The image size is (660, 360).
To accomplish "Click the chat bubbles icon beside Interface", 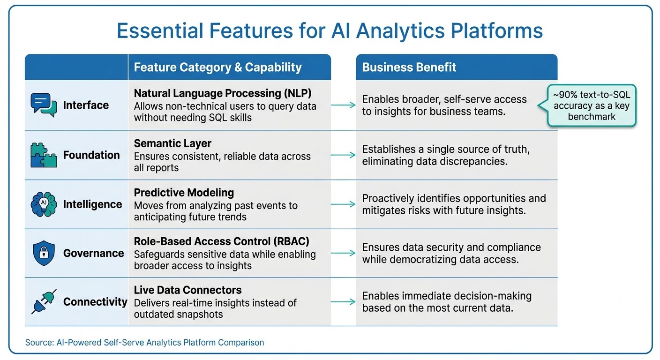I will [44, 105].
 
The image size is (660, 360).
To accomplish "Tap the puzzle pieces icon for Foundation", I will [44, 155].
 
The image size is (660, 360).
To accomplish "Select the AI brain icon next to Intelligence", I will [44, 204].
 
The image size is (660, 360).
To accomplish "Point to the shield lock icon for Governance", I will [44, 253].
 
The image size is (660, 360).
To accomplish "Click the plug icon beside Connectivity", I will [44, 302].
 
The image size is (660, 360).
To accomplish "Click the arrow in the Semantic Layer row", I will [343, 155].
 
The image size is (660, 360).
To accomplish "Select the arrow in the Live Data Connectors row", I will [343, 302].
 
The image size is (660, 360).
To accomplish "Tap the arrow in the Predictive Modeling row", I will [343, 204].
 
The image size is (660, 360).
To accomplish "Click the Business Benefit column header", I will [409, 67].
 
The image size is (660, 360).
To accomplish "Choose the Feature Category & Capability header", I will [217, 67].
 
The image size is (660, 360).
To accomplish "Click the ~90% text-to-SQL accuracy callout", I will [592, 106].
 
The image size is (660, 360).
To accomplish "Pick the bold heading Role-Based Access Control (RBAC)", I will [222, 241].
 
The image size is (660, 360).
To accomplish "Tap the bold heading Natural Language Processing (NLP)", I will [223, 93].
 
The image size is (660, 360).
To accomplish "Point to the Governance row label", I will [94, 253].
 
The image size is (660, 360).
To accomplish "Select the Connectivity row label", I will [95, 302].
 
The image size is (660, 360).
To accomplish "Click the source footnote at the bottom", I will [144, 343].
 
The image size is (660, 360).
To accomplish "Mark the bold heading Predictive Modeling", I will [184, 193].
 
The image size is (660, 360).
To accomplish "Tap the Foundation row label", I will [91, 155].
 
